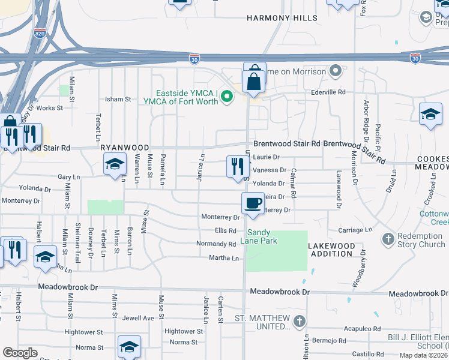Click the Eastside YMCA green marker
coord(227,96)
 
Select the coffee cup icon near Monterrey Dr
coord(253,203)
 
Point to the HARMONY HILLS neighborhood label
coord(282,19)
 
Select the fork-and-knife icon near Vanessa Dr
coord(238,166)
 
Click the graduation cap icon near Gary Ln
coord(115,163)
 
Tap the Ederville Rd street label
coord(328,92)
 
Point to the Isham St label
coord(118,100)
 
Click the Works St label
coord(50,108)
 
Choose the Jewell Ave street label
coord(139,318)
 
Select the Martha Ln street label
coord(224,258)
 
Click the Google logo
coord(20,353)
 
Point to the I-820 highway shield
coord(40,34)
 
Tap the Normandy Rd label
coord(216,244)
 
